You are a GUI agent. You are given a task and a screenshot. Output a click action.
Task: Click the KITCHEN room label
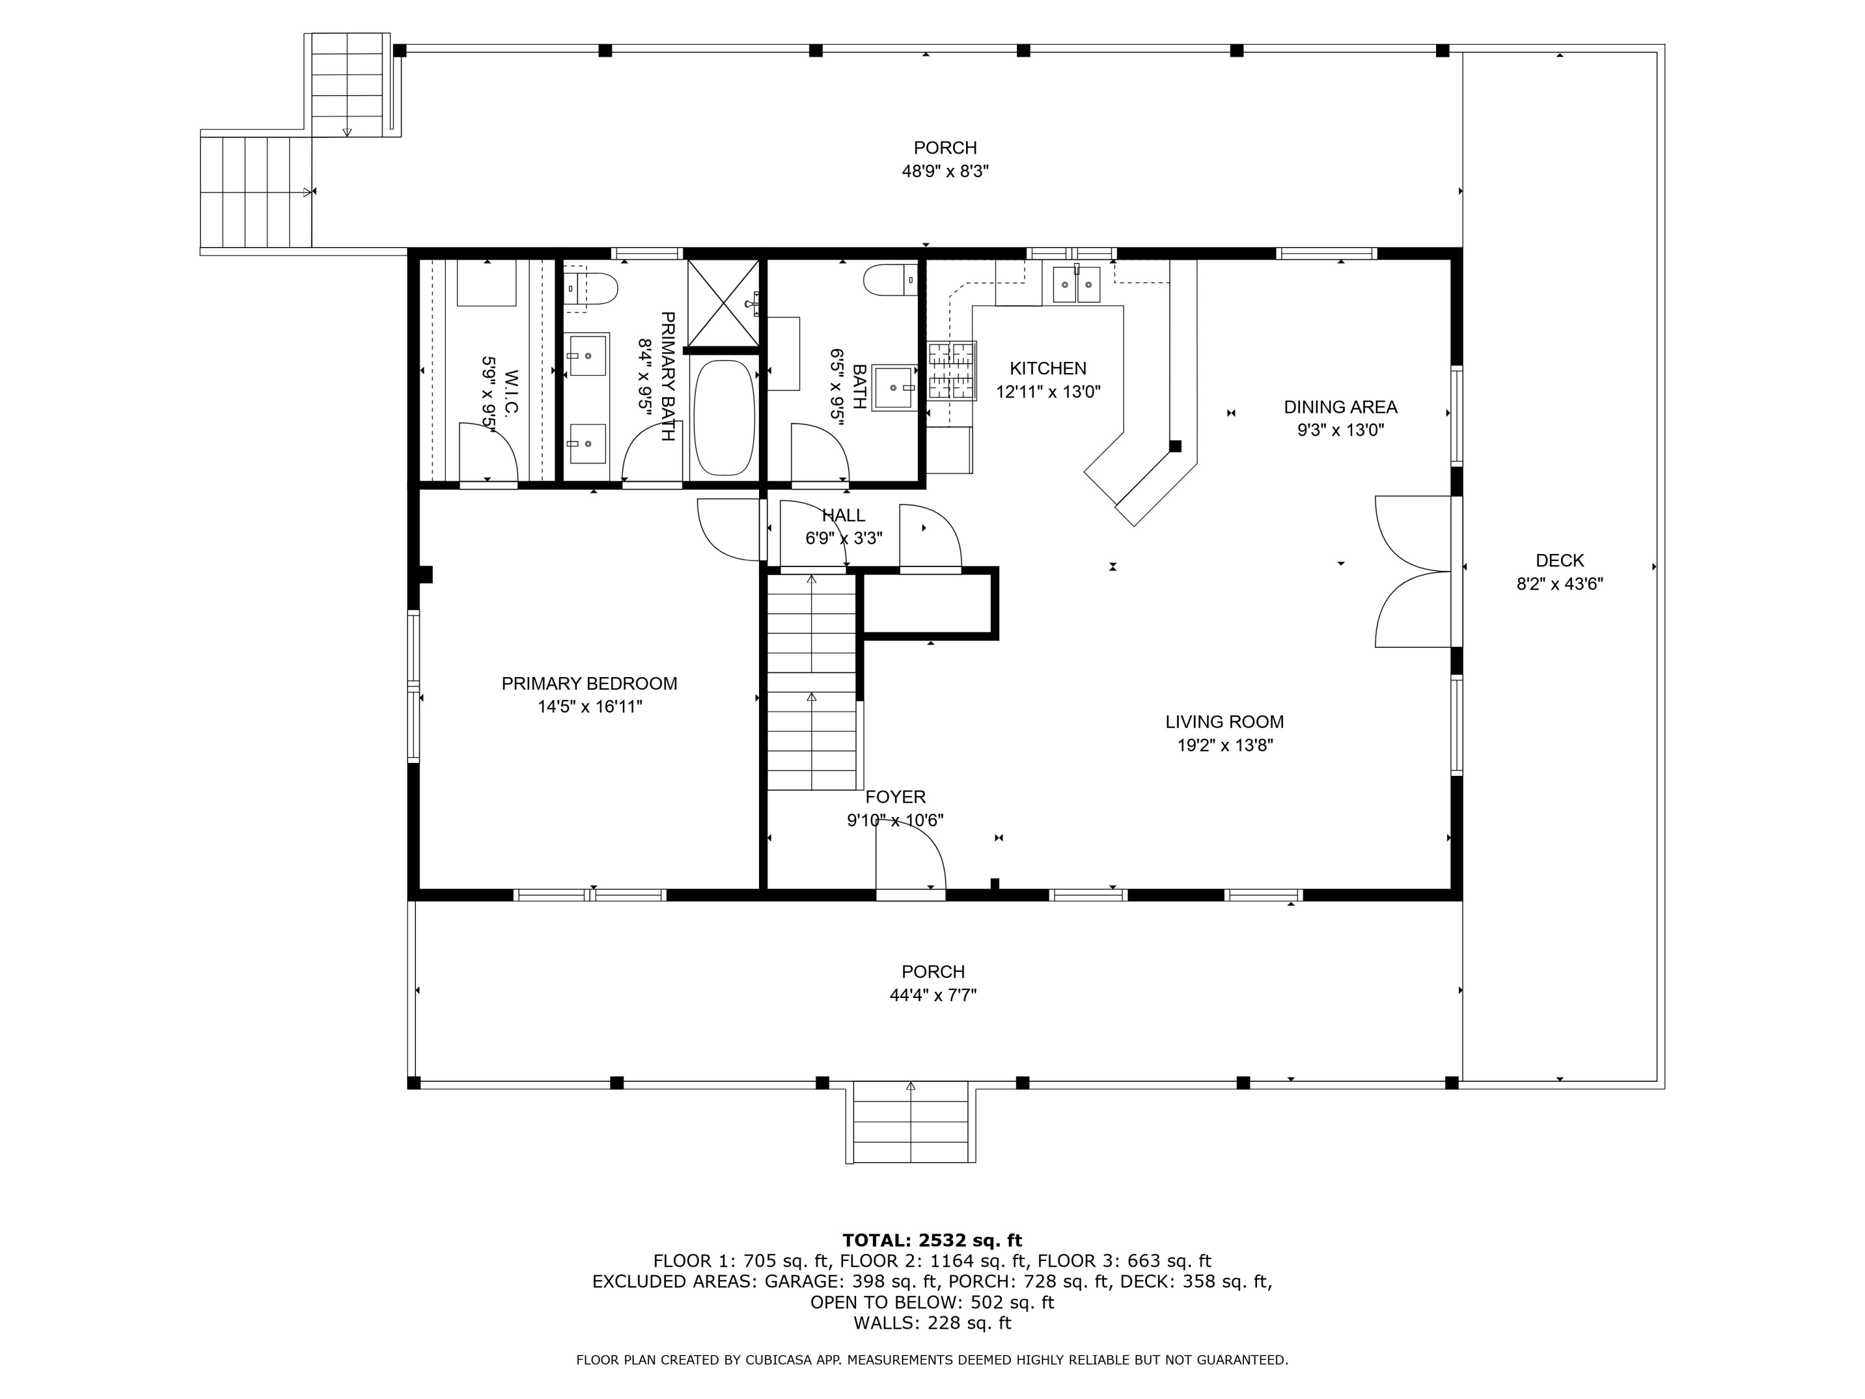coord(1048,369)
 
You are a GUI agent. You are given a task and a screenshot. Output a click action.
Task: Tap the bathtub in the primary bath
coord(724,418)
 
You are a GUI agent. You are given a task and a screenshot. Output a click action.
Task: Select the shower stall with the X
coord(724,303)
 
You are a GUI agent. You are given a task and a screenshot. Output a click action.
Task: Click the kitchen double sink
coord(1077,282)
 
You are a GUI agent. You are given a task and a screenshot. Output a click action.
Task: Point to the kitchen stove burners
coord(952,370)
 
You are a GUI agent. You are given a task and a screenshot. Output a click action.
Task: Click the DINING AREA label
coord(1340,407)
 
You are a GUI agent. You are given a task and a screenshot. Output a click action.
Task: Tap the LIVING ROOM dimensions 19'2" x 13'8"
coord(1225,746)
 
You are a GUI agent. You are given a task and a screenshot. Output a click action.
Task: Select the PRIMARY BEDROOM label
coord(589,684)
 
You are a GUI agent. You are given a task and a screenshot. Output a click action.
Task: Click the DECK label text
coord(1560,561)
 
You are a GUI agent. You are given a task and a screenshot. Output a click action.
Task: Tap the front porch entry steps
coord(911,1122)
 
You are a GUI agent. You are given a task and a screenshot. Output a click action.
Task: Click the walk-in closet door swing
coord(488,453)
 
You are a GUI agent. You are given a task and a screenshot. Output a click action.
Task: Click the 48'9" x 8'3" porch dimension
coord(945,171)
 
